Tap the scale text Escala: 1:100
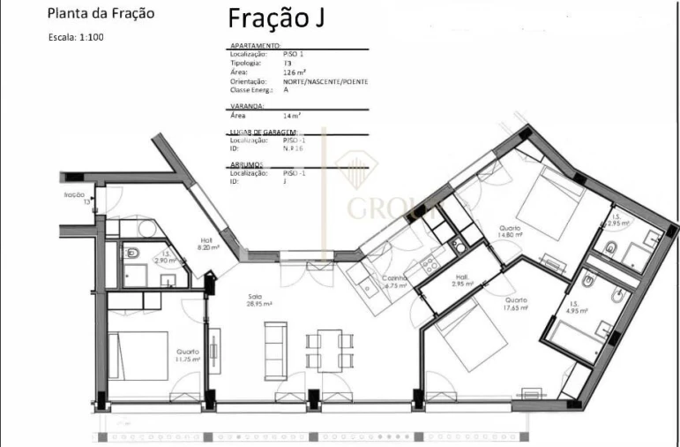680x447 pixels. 76,37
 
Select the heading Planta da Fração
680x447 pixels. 101,13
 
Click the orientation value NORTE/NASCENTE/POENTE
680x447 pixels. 325,81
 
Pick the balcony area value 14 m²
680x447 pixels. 292,116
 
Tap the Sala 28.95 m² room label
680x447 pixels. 259,299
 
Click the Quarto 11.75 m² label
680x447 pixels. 188,355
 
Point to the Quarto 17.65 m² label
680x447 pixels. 515,304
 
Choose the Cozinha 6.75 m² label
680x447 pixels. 393,282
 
